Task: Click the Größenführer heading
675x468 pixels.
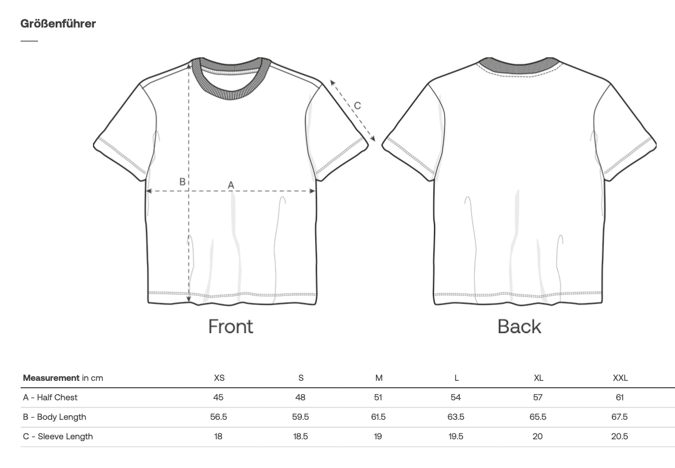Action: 58,24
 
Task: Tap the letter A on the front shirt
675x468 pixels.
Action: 231,185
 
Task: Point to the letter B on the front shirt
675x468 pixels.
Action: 183,182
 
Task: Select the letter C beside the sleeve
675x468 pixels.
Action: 357,106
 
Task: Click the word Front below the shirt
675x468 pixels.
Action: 231,326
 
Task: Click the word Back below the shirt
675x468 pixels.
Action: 519,326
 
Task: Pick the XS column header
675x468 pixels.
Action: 219,377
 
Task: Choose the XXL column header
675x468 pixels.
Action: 620,377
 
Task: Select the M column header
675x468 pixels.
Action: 379,377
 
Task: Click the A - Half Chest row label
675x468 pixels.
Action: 51,397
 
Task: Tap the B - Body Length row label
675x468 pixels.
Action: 55,417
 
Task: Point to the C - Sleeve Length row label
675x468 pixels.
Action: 58,436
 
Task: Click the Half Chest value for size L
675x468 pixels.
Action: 456,397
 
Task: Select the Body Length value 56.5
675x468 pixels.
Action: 219,417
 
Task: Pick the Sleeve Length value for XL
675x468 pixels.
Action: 538,436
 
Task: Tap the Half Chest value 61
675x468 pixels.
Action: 620,397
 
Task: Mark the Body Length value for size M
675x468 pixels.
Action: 378,417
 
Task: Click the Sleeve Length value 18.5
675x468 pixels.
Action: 301,436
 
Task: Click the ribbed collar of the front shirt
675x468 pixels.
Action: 231,93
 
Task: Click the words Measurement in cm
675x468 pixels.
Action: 63,378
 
